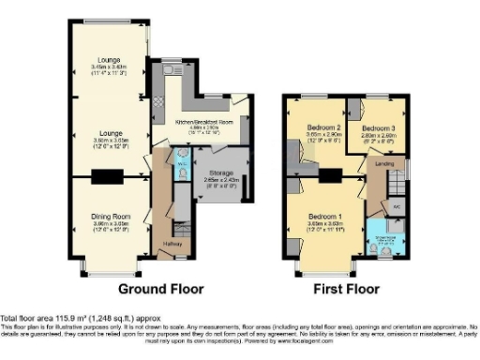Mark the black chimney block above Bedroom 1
pos(328,175)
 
